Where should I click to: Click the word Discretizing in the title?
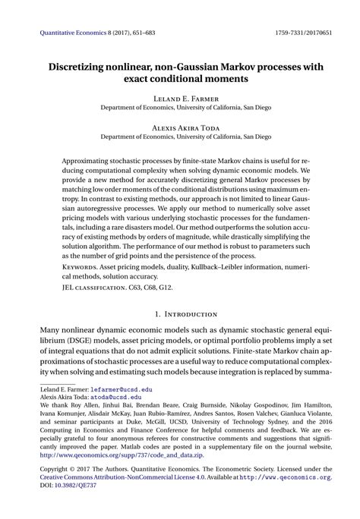coord(83,67)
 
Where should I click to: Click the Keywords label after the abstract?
coord(80,269)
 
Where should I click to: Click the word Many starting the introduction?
coord(52,331)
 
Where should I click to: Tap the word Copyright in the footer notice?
coord(56,468)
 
